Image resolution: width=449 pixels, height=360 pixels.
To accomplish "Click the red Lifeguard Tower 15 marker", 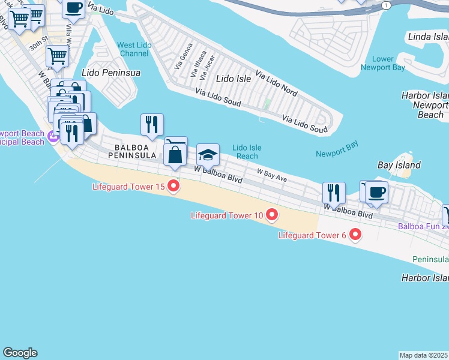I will (x=173, y=187).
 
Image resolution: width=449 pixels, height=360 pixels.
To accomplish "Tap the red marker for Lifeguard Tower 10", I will (x=272, y=215).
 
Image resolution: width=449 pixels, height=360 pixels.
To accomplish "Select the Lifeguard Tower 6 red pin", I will (x=355, y=235).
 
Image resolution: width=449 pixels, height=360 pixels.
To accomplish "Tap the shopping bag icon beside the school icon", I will (x=175, y=155).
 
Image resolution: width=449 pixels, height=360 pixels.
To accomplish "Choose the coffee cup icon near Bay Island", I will (x=376, y=193).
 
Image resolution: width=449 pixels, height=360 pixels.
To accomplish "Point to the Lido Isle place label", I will (x=233, y=79).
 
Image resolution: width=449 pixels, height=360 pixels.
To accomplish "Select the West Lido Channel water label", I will (x=133, y=49).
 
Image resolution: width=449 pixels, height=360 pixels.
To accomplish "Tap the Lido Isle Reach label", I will (x=247, y=151).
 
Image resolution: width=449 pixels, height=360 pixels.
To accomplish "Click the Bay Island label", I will (x=399, y=165).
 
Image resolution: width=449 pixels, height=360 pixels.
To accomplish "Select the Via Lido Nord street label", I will (x=276, y=83).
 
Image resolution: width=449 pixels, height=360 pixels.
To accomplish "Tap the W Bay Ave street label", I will (x=272, y=175).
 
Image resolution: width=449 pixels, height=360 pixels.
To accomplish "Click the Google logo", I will (x=20, y=353).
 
